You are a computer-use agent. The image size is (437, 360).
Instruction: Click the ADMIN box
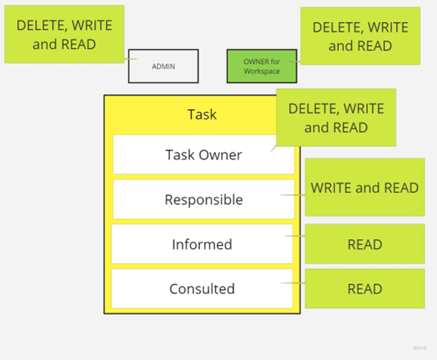pos(163,66)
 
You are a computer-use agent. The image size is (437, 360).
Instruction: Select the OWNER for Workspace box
pos(261,66)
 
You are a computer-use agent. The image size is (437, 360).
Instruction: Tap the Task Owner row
pos(203,154)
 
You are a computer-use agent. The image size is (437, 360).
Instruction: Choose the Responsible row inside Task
pos(203,199)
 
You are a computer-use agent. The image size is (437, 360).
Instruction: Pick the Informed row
pos(202,244)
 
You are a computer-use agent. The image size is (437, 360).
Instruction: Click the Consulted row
pos(202,288)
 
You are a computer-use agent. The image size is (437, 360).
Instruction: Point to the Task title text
pos(202,114)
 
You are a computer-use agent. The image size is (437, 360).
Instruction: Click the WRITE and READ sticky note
pos(365,187)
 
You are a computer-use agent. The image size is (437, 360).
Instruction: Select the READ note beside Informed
pos(365,243)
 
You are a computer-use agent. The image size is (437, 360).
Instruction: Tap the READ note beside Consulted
pos(365,288)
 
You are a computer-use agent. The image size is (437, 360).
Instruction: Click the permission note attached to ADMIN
pos(64,34)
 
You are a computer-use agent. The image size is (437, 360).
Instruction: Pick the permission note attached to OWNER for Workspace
pos(360,36)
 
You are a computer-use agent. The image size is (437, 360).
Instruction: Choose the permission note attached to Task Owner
pos(336,118)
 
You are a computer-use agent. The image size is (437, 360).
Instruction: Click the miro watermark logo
pos(420,348)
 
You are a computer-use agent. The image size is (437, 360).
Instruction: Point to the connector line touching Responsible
pos(292,195)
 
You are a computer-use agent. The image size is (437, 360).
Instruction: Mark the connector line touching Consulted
pos(293,283)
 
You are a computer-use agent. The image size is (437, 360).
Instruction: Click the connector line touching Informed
pos(295,236)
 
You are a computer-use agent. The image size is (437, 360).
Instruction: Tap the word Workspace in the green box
pos(261,71)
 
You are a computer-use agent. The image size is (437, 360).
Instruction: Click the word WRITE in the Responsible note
pos(332,188)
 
